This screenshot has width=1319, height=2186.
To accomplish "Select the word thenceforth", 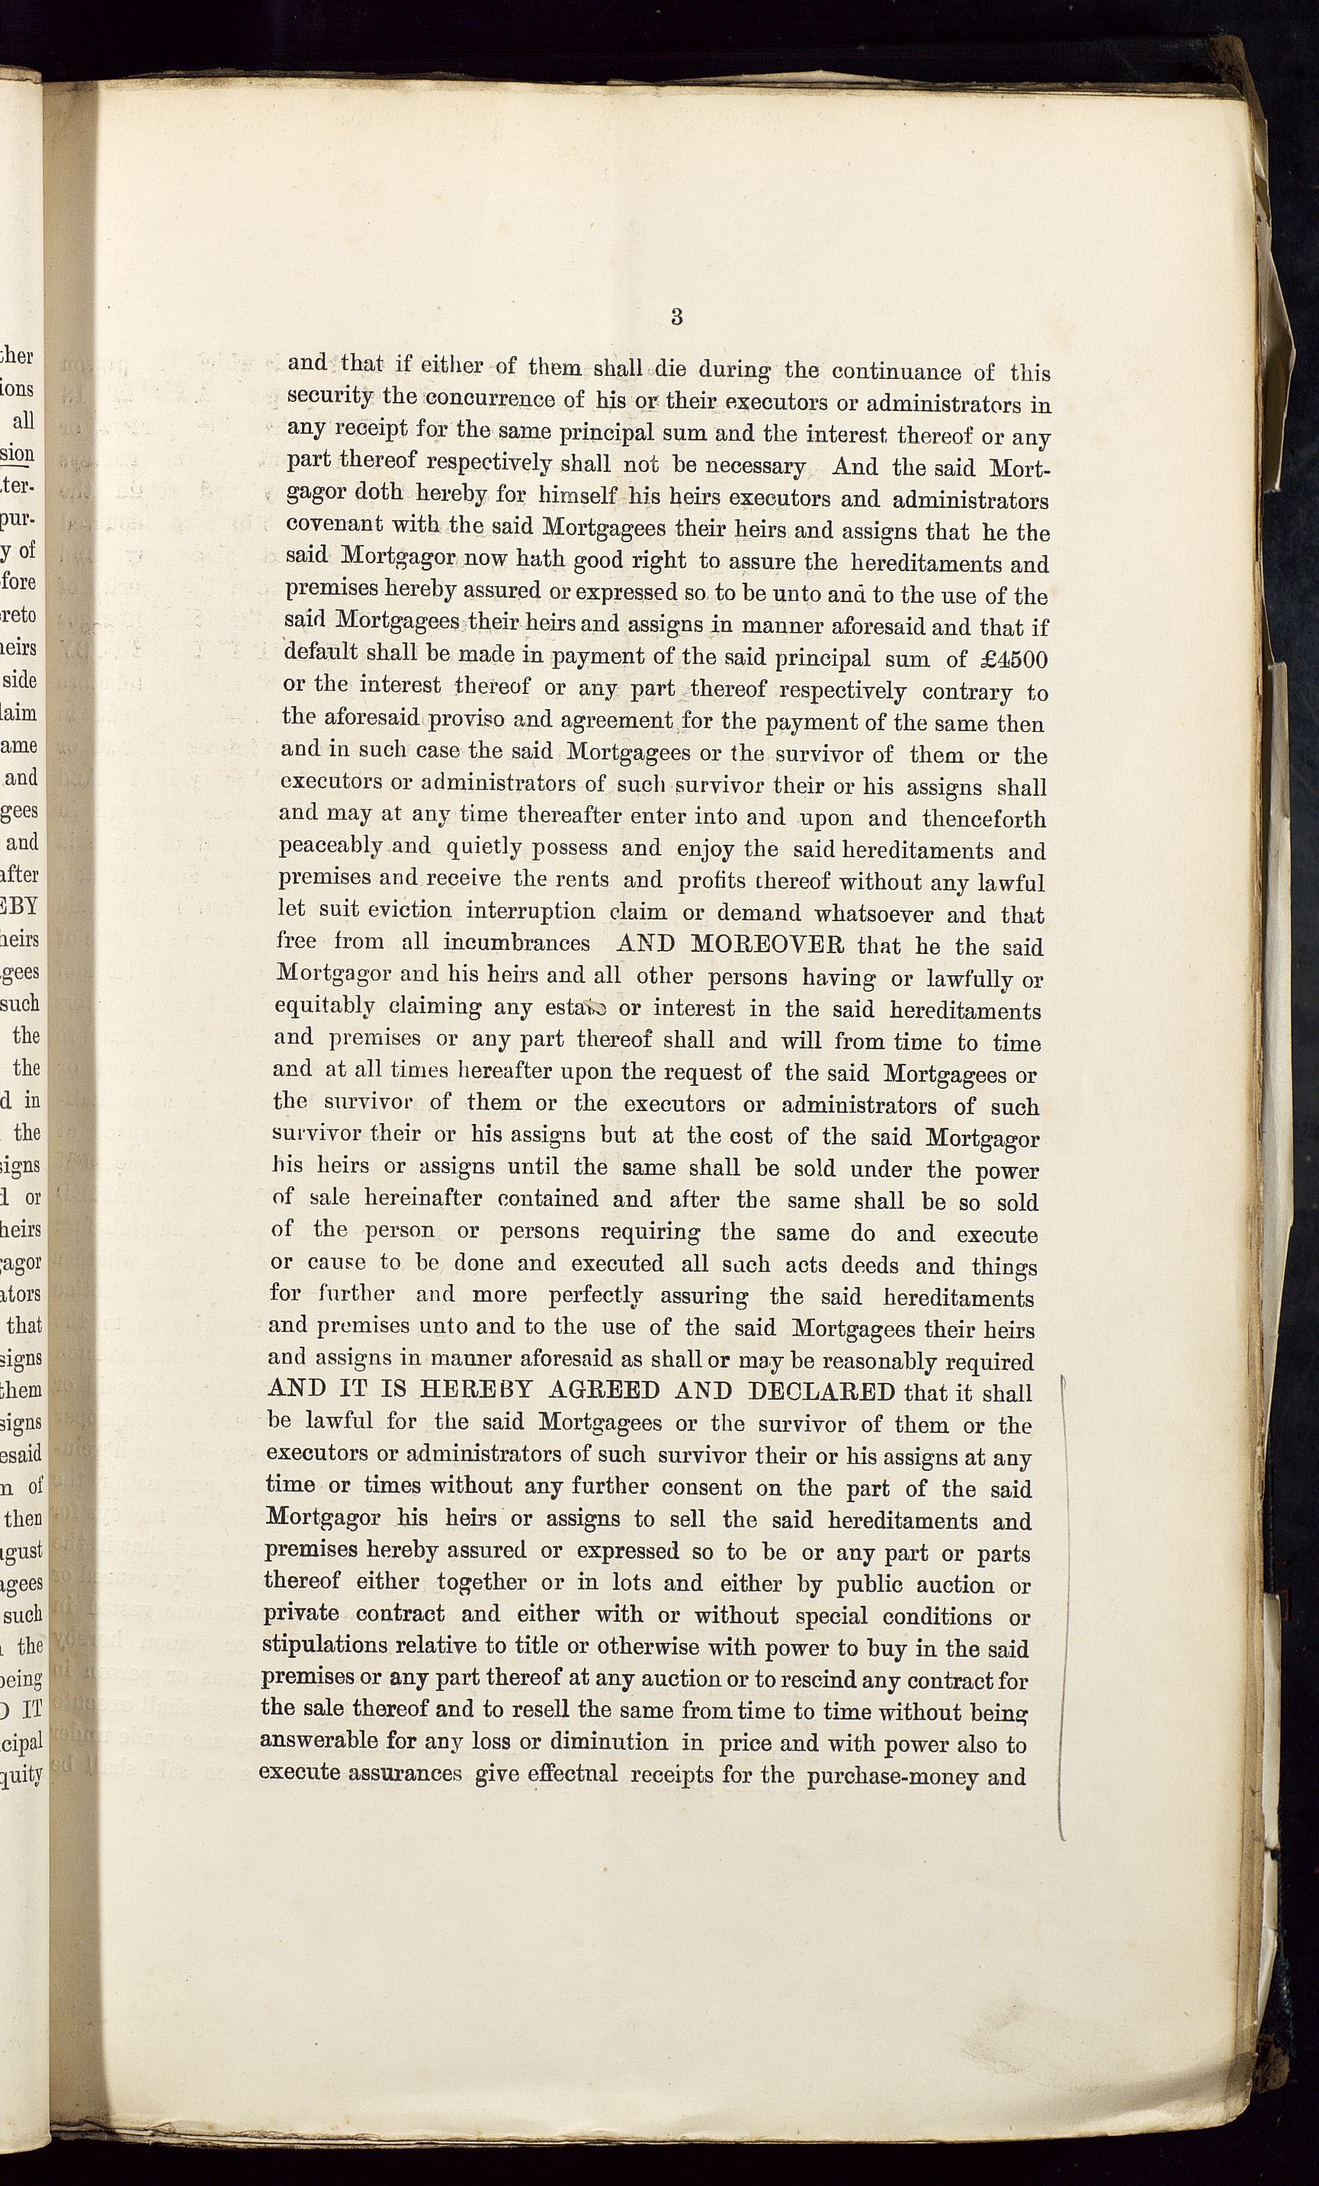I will [984, 818].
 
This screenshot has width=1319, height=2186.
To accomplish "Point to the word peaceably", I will [330, 846].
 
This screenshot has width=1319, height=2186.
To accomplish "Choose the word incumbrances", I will [516, 942].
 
